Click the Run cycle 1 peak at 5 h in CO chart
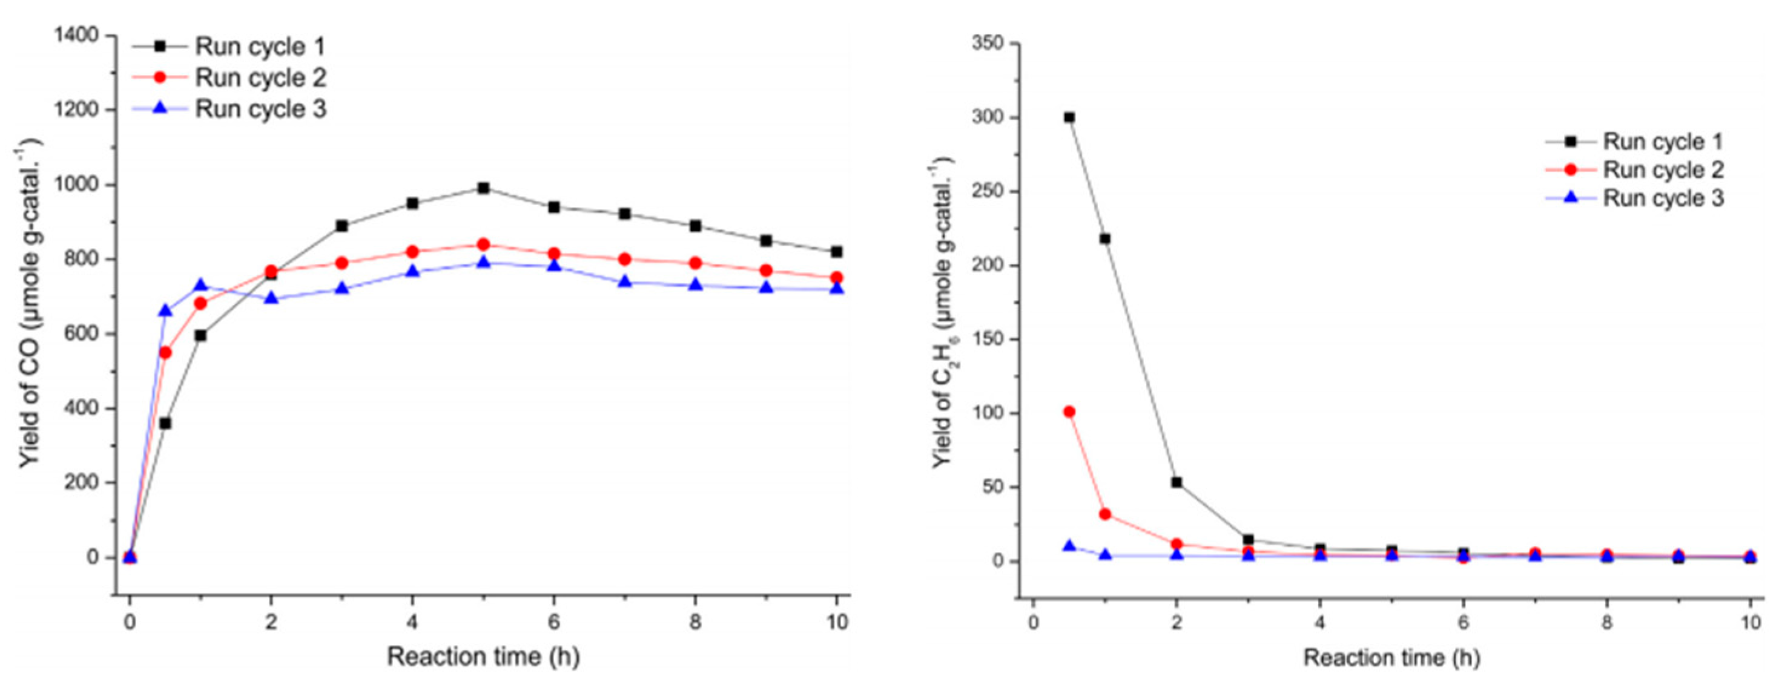(x=483, y=188)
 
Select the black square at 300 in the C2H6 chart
(x=1069, y=117)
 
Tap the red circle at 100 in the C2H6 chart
(x=1069, y=412)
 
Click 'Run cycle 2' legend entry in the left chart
(x=260, y=78)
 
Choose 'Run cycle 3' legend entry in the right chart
(x=1662, y=198)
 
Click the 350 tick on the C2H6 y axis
(x=988, y=44)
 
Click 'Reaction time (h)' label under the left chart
(x=483, y=657)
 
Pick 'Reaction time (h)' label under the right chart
(x=1391, y=658)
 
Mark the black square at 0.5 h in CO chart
(x=165, y=423)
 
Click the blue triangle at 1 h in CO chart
(x=200, y=286)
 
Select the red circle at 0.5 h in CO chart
(x=165, y=353)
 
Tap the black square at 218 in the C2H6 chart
(x=1105, y=239)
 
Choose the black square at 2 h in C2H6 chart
(x=1177, y=482)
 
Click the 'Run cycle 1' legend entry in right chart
(x=1662, y=142)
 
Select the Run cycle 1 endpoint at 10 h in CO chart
(x=836, y=252)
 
